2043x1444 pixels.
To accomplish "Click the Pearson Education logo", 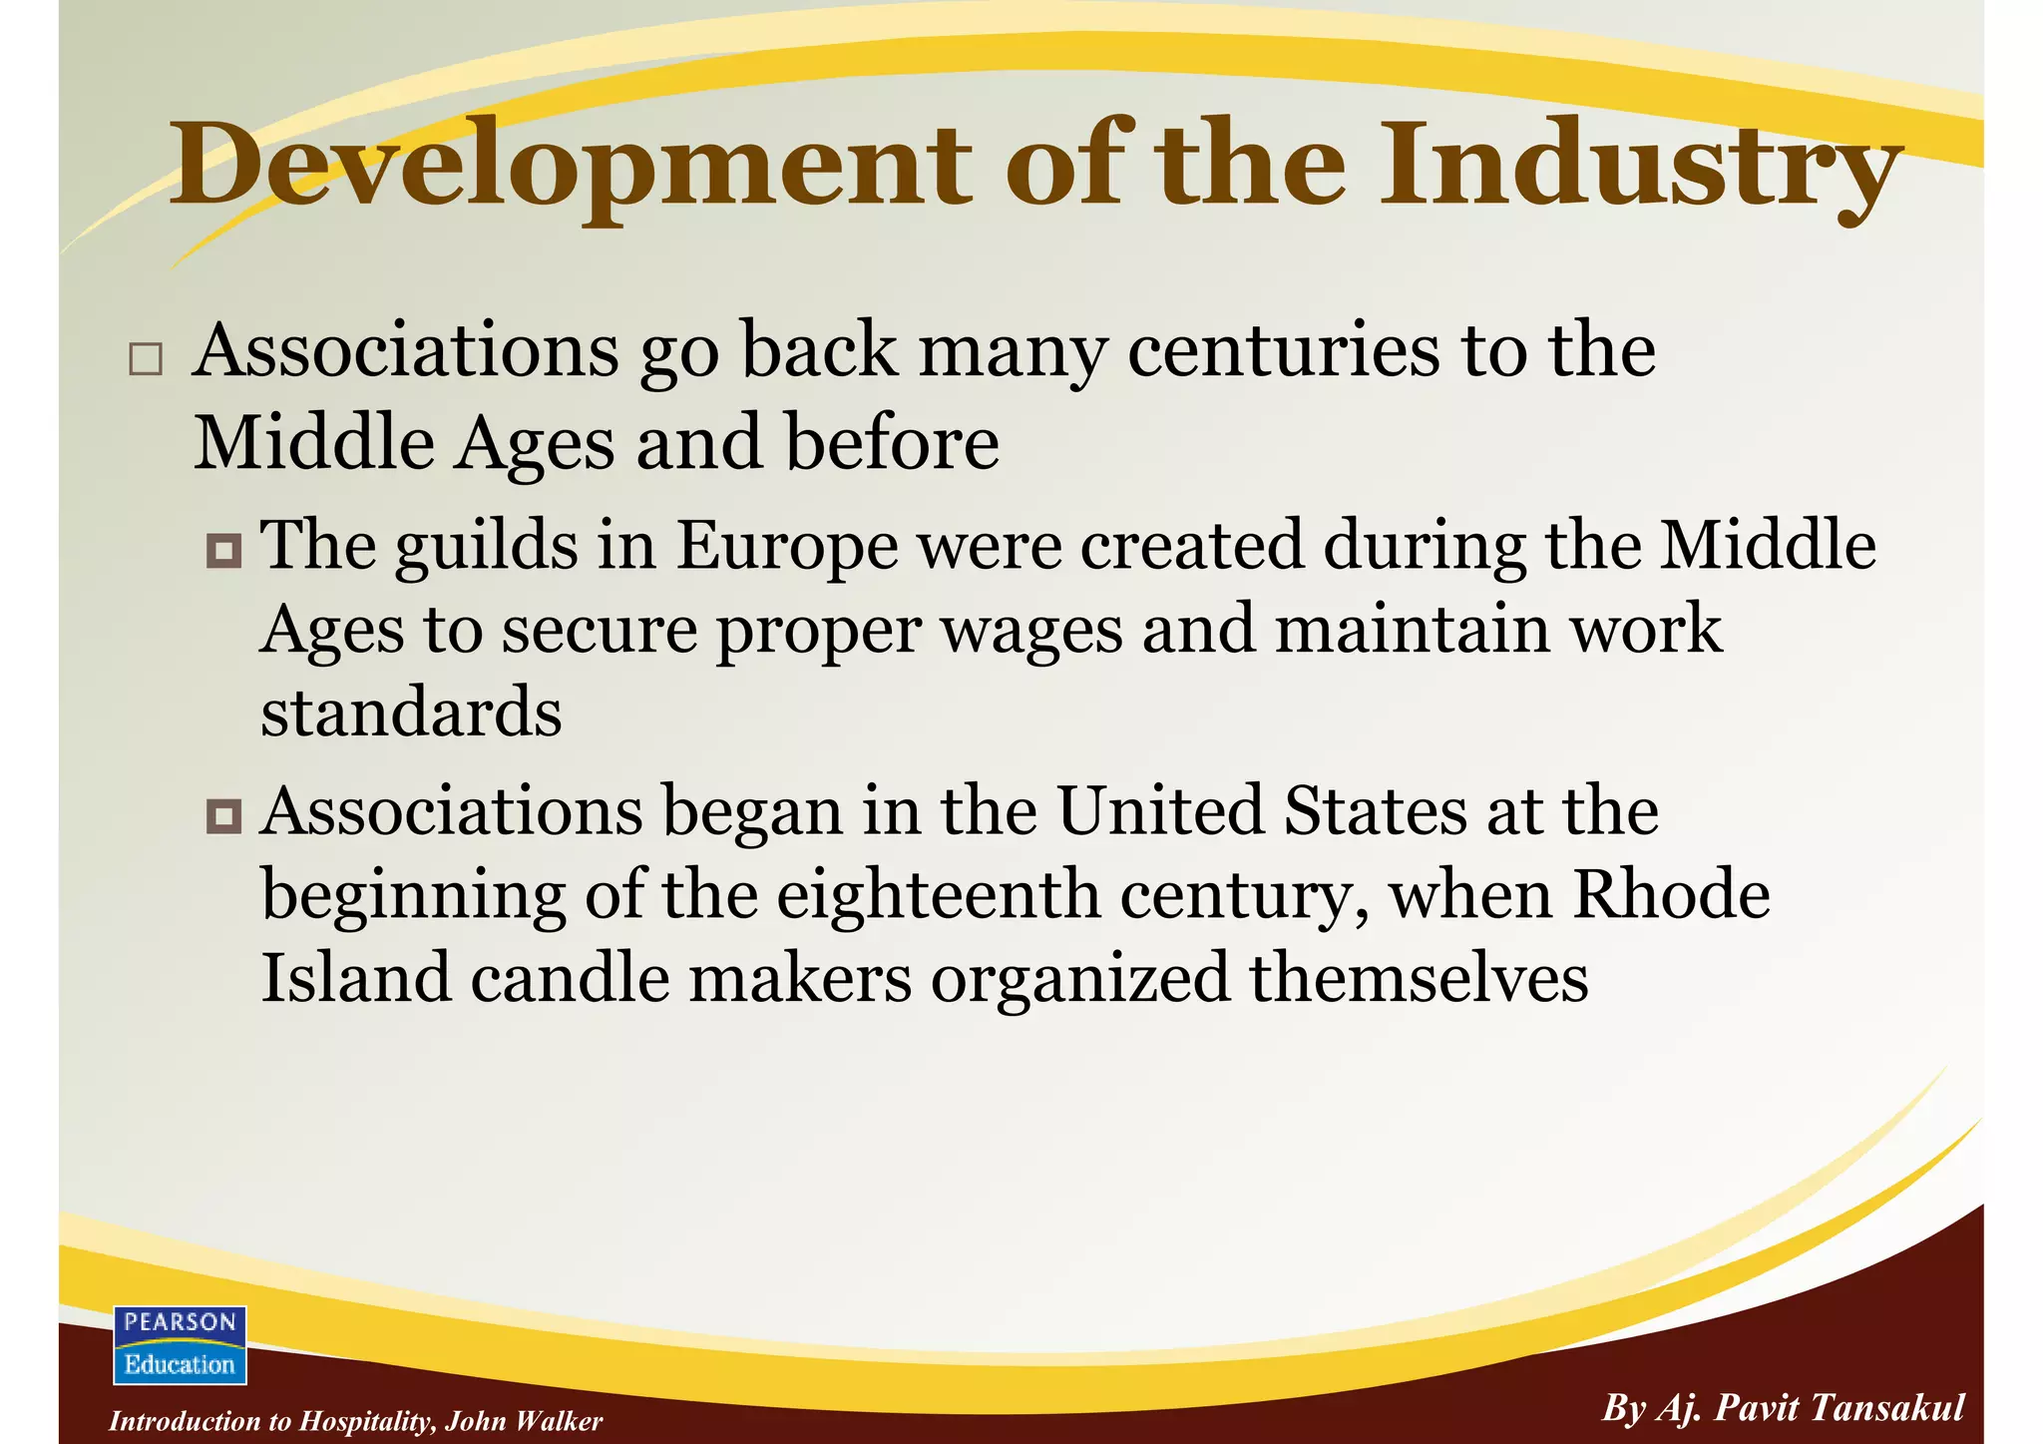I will [180, 1344].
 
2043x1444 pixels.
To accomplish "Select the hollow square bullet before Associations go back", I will [146, 359].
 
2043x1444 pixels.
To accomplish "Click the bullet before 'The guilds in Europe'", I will [223, 550].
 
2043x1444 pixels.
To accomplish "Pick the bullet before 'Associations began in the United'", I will [223, 816].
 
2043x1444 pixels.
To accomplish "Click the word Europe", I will [787, 547].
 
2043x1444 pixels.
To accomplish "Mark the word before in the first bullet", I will [892, 443].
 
